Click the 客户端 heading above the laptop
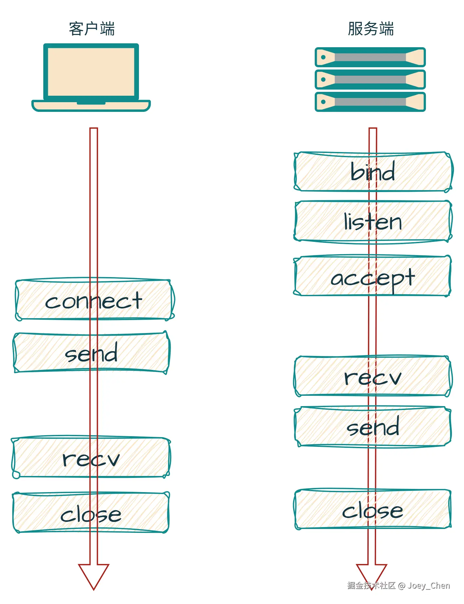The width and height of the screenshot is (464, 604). click(x=92, y=29)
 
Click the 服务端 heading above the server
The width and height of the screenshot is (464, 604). click(x=371, y=29)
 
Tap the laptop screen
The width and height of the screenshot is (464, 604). click(x=91, y=71)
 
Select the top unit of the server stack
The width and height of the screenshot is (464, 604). click(x=370, y=57)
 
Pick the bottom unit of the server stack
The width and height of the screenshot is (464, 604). click(x=370, y=102)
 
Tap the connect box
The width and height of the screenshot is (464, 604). click(x=94, y=300)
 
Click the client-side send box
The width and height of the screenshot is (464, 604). click(x=91, y=352)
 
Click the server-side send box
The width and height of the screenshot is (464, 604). click(x=373, y=427)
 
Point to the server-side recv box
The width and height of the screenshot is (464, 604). click(x=373, y=376)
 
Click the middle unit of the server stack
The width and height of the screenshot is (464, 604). click(x=370, y=80)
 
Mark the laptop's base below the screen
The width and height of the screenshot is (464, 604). click(x=91, y=106)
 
